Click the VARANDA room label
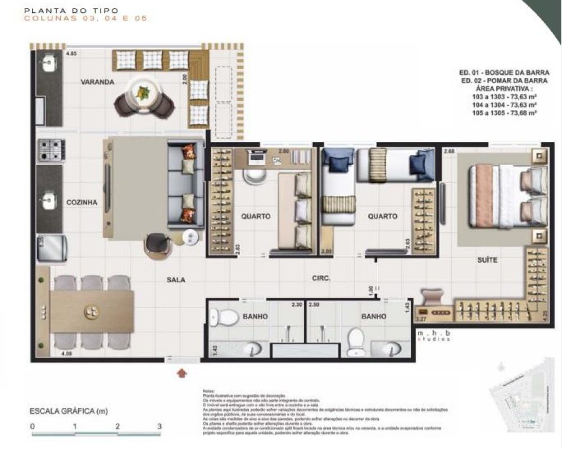coord(97,82)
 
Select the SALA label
coord(175,280)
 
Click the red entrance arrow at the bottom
coord(181,372)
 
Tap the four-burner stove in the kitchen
coord(51,150)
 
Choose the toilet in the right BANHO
coord(356,341)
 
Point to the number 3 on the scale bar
coord(160,427)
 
